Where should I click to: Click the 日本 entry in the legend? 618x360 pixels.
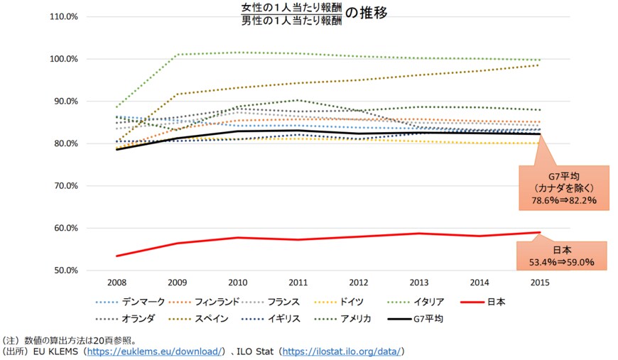pyautogui.click(x=496, y=302)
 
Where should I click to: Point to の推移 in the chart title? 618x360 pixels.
pyautogui.click(x=367, y=13)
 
